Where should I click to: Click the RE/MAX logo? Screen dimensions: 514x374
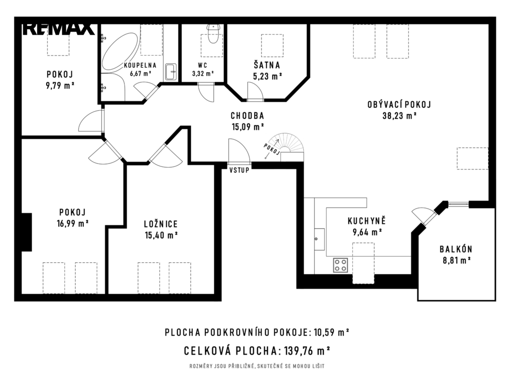tap(59, 29)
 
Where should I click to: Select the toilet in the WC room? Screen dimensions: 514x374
tap(213, 34)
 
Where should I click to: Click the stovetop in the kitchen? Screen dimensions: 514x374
tap(341, 265)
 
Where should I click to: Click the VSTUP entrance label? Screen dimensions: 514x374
tap(239, 170)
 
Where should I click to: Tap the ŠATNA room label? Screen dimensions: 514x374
tap(267, 65)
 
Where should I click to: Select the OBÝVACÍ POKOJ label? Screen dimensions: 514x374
tap(399, 104)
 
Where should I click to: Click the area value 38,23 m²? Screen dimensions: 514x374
tap(399, 116)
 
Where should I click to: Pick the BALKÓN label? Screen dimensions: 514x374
tap(456, 249)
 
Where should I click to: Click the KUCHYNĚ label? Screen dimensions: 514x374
tap(367, 221)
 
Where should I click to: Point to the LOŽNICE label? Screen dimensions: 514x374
tap(161, 224)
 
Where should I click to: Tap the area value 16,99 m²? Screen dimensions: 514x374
tap(72, 224)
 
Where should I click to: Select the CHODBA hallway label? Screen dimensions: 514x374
tap(247, 116)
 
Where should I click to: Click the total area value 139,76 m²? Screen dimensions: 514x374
tap(307, 351)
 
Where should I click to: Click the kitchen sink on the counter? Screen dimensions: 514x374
tap(319, 240)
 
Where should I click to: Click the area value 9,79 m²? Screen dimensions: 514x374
tap(60, 86)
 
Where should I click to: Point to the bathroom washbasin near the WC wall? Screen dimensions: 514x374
tap(171, 72)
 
